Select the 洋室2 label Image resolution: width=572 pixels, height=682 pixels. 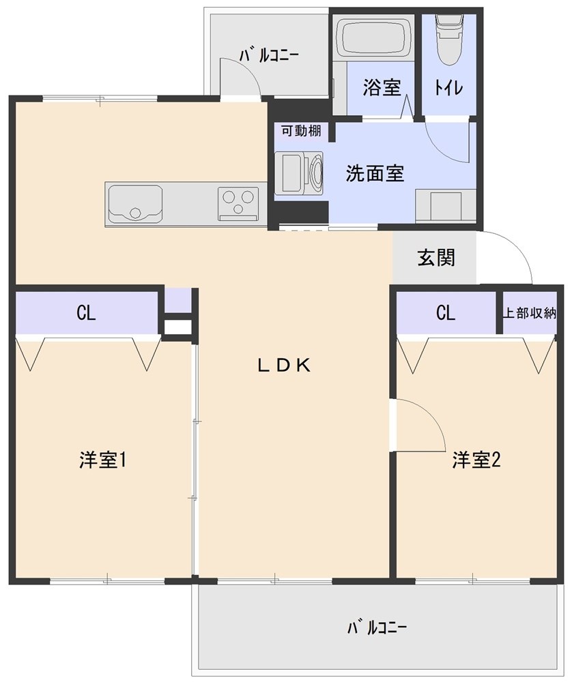point(476,460)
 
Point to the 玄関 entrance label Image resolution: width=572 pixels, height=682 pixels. point(436,258)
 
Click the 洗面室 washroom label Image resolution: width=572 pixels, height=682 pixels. point(375,173)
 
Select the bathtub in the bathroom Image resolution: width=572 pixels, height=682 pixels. point(374,38)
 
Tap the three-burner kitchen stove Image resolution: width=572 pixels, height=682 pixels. point(238,203)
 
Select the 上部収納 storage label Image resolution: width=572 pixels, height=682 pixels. point(530,313)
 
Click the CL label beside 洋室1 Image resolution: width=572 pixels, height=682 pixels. point(85,313)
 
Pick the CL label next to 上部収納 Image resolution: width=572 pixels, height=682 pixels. point(445,313)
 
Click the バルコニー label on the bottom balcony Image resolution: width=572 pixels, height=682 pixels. point(377,627)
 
